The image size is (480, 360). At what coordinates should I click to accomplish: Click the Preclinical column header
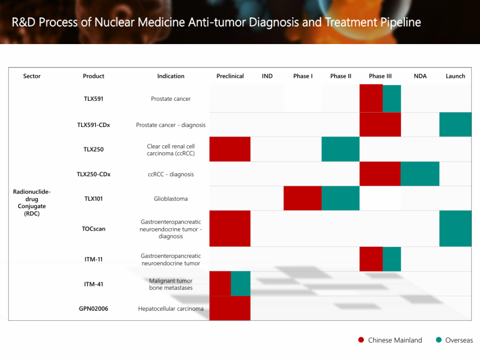(x=230, y=76)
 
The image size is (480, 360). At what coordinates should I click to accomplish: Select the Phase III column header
(x=380, y=76)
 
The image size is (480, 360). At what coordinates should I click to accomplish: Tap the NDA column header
(x=420, y=76)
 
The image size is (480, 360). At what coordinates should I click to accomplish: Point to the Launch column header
(x=455, y=76)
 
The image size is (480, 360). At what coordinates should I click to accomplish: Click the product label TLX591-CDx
(x=93, y=125)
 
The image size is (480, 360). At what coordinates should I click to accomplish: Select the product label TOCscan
(x=93, y=229)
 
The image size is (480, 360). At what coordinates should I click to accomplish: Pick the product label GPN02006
(x=93, y=308)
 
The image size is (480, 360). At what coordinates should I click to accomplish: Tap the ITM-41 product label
(x=93, y=284)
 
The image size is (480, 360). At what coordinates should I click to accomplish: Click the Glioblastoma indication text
(x=171, y=199)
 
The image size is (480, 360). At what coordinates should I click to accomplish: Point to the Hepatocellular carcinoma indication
(x=171, y=308)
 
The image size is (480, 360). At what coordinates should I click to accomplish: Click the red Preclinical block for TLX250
(x=230, y=149)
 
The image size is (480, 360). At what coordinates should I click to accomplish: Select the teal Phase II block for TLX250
(x=340, y=149)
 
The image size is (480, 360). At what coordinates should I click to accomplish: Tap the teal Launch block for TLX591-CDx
(x=455, y=124)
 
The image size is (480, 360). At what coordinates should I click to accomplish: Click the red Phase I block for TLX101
(x=302, y=198)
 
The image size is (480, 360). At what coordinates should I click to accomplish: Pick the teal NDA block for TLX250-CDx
(x=420, y=173)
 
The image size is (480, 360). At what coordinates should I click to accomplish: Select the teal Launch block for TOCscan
(x=455, y=228)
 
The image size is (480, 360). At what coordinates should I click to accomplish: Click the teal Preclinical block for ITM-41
(x=240, y=284)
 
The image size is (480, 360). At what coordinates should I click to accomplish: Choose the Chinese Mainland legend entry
(x=390, y=340)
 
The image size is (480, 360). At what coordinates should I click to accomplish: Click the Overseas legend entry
(x=454, y=340)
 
